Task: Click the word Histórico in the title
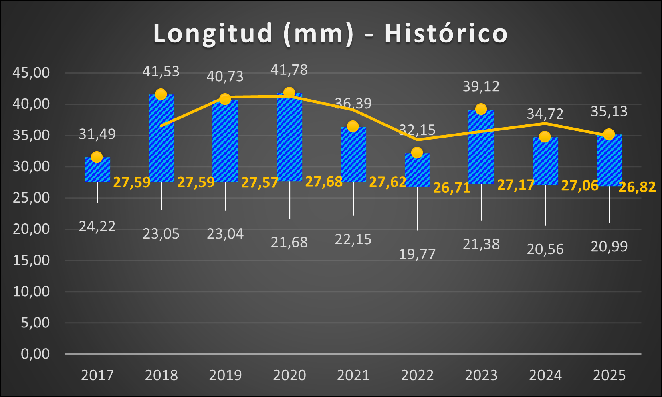point(446,33)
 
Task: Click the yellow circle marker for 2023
point(481,109)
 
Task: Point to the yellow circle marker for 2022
point(417,153)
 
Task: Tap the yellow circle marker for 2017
point(97,157)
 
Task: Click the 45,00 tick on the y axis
point(31,73)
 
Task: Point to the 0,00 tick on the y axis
point(35,354)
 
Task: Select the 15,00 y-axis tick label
point(31,260)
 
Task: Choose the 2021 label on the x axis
point(353,375)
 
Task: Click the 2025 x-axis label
point(609,375)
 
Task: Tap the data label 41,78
point(289,70)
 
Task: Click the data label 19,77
point(417,254)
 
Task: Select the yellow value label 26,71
point(452,188)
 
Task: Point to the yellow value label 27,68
point(324,182)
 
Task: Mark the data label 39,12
point(481,86)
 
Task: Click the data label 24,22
point(97,227)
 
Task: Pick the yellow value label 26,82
point(637,187)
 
